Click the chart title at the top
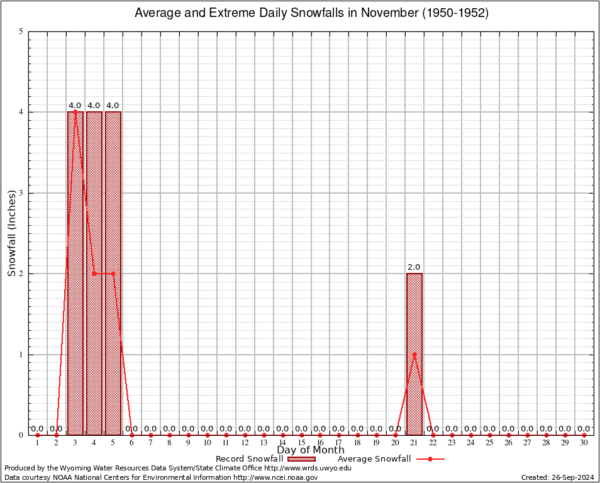(x=311, y=13)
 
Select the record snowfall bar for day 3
(x=75, y=274)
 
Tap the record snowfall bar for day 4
(x=94, y=352)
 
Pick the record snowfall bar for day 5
(x=113, y=352)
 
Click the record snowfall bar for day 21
(x=414, y=390)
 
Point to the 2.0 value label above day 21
(x=414, y=267)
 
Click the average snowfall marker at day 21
(x=414, y=354)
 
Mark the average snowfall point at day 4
(x=94, y=274)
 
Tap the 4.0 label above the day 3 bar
(x=75, y=106)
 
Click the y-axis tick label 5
(x=21, y=31)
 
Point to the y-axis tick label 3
(x=21, y=193)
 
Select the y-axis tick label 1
(x=21, y=354)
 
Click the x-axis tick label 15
(x=301, y=443)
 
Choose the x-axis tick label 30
(x=584, y=443)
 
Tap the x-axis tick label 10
(x=207, y=443)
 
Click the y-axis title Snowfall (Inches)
(x=11, y=233)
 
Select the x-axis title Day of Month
(x=311, y=450)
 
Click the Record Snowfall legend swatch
(x=301, y=459)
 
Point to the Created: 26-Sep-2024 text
(x=558, y=477)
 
